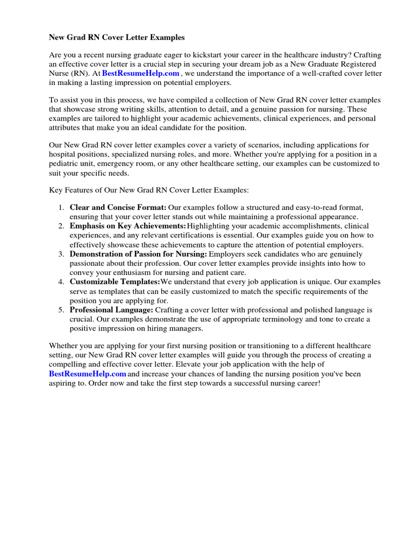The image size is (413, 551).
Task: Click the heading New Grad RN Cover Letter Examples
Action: [117, 38]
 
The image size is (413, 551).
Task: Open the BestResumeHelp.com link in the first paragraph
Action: [133, 73]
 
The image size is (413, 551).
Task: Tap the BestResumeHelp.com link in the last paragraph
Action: [88, 373]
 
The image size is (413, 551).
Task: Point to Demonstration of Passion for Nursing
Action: [138, 254]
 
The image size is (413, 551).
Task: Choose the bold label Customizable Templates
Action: [115, 282]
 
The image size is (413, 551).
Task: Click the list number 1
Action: [61, 207]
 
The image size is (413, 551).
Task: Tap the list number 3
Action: [61, 254]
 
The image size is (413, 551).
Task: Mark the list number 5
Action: [61, 310]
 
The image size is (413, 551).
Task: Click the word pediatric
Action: [65, 164]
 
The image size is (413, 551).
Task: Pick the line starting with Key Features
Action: [149, 190]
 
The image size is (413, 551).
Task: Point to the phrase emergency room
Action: [122, 164]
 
